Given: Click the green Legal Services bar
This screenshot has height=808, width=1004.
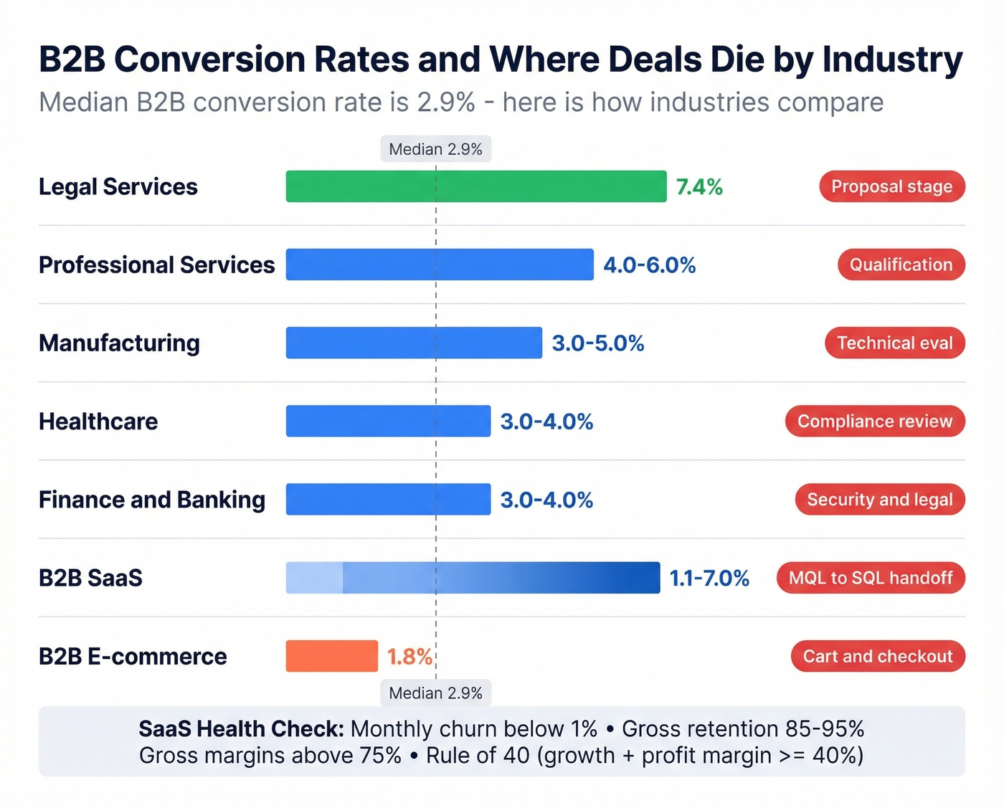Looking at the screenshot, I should (x=475, y=186).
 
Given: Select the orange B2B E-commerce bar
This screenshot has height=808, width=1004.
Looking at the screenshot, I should (x=331, y=656).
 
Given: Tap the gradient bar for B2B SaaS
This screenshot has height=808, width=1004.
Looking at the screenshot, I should (x=473, y=578).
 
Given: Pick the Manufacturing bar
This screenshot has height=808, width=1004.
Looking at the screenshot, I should (x=414, y=343).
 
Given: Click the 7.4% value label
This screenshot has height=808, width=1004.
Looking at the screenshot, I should (x=698, y=187).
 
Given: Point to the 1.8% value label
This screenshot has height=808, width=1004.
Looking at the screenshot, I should (x=409, y=657).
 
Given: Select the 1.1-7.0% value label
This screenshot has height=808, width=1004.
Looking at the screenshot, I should (x=709, y=578).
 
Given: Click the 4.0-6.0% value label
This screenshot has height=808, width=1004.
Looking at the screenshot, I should (x=649, y=265).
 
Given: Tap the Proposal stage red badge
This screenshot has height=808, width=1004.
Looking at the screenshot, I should (x=891, y=186).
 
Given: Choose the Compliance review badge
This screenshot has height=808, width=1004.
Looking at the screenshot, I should (x=875, y=422).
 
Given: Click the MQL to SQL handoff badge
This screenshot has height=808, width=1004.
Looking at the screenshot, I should (x=871, y=578).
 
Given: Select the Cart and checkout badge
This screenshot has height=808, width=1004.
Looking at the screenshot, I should (x=878, y=656).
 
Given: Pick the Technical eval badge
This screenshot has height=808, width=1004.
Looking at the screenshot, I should (x=894, y=343).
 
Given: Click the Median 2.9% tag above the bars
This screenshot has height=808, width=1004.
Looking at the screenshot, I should (x=435, y=149).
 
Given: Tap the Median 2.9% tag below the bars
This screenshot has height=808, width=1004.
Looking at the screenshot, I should (x=435, y=693).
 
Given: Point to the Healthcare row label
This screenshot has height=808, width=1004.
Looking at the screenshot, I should (x=98, y=422).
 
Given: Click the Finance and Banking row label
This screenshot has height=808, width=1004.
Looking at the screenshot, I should (x=152, y=500).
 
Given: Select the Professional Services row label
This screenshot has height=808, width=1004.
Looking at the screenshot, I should (x=156, y=265).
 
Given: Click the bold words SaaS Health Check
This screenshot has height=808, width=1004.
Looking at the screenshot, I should (x=241, y=729).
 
